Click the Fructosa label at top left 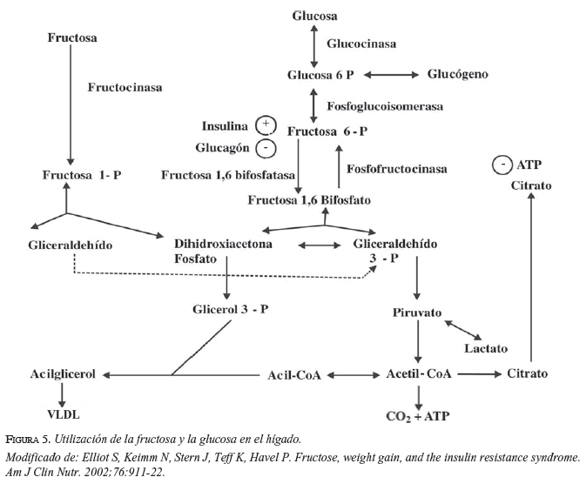[72, 38]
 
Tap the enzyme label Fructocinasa [125, 87]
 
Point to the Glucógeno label [458, 74]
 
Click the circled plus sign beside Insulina [266, 124]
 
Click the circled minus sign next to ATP [502, 165]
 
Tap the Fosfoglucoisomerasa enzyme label [385, 106]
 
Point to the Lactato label [485, 348]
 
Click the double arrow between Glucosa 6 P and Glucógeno [392, 75]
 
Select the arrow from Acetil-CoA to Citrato [482, 374]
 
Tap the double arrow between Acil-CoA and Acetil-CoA [350, 375]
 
